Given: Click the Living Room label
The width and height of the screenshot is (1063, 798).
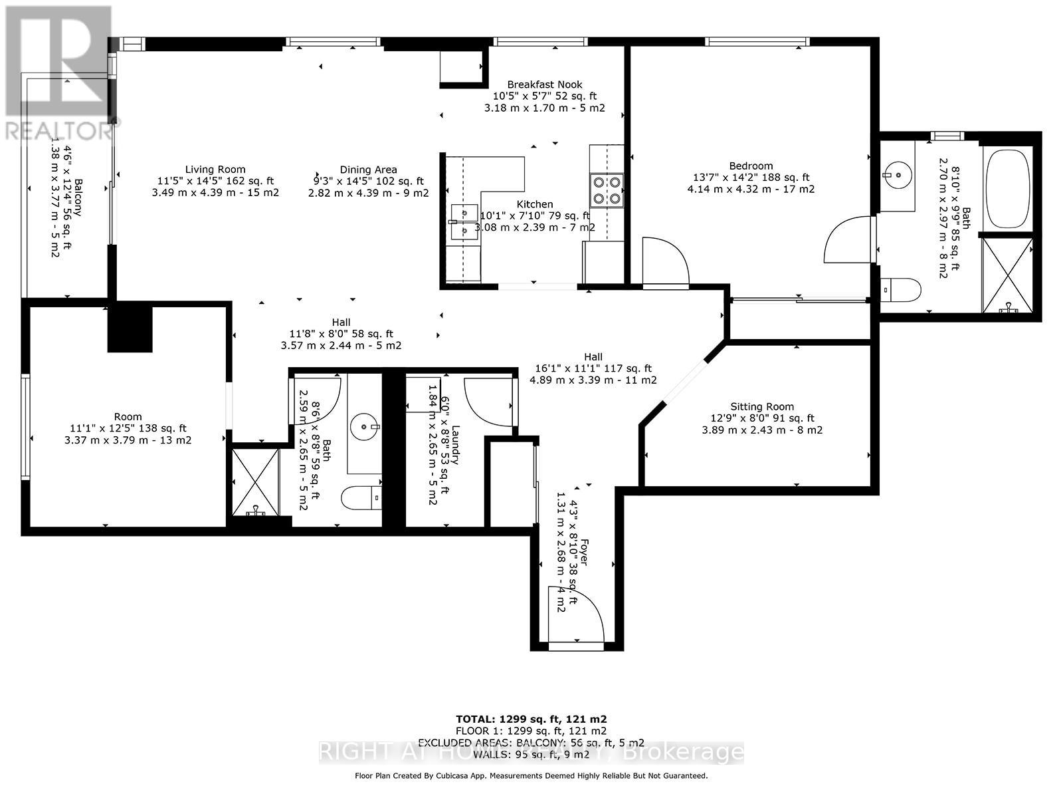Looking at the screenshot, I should (x=215, y=170).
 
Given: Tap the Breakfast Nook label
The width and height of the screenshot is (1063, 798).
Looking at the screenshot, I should (x=545, y=84).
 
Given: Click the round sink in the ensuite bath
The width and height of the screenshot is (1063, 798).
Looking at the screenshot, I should (x=896, y=175).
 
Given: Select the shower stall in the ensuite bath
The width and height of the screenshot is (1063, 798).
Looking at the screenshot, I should (x=1008, y=275).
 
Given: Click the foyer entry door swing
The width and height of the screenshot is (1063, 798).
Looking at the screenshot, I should (x=576, y=615).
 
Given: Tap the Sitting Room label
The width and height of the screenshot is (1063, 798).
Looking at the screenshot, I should (x=762, y=407).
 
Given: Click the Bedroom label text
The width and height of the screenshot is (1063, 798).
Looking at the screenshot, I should (x=751, y=166).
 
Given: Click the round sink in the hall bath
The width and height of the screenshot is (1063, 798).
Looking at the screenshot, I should (x=365, y=424).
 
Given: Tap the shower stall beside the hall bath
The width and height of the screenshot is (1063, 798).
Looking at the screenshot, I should (x=255, y=482).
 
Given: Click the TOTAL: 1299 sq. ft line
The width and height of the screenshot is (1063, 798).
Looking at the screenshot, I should (x=531, y=719).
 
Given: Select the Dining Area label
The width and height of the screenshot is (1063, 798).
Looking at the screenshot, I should (x=368, y=170).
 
